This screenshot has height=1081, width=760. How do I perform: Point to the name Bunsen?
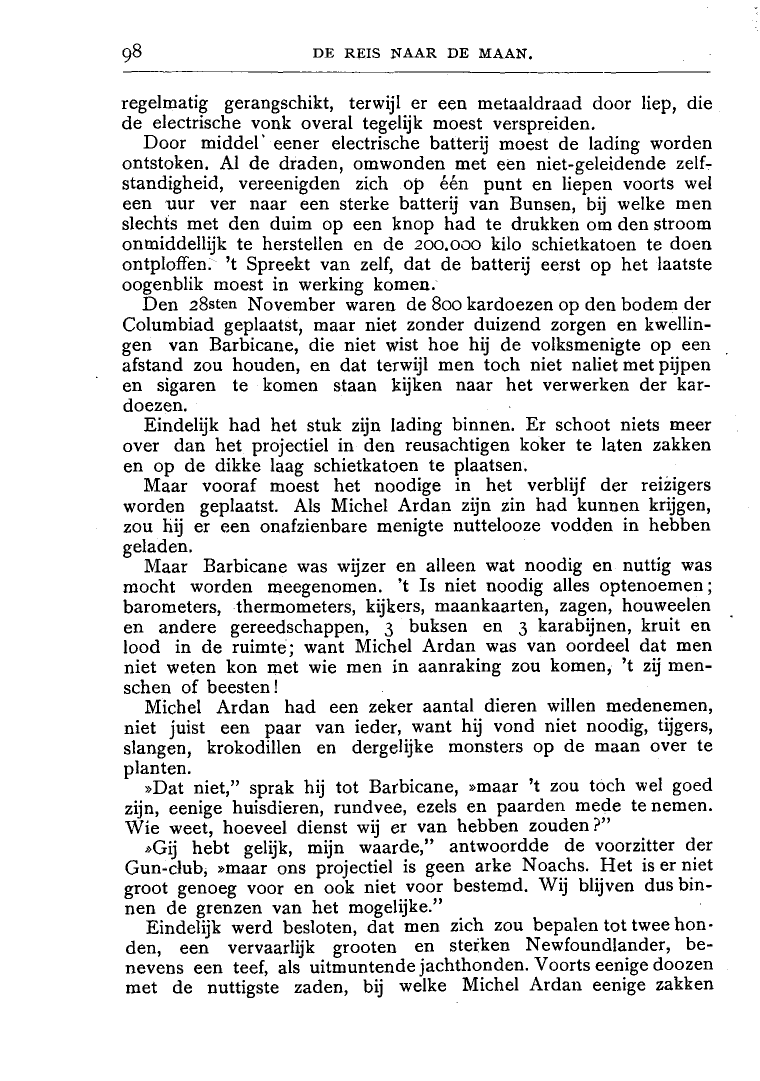[530, 204]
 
